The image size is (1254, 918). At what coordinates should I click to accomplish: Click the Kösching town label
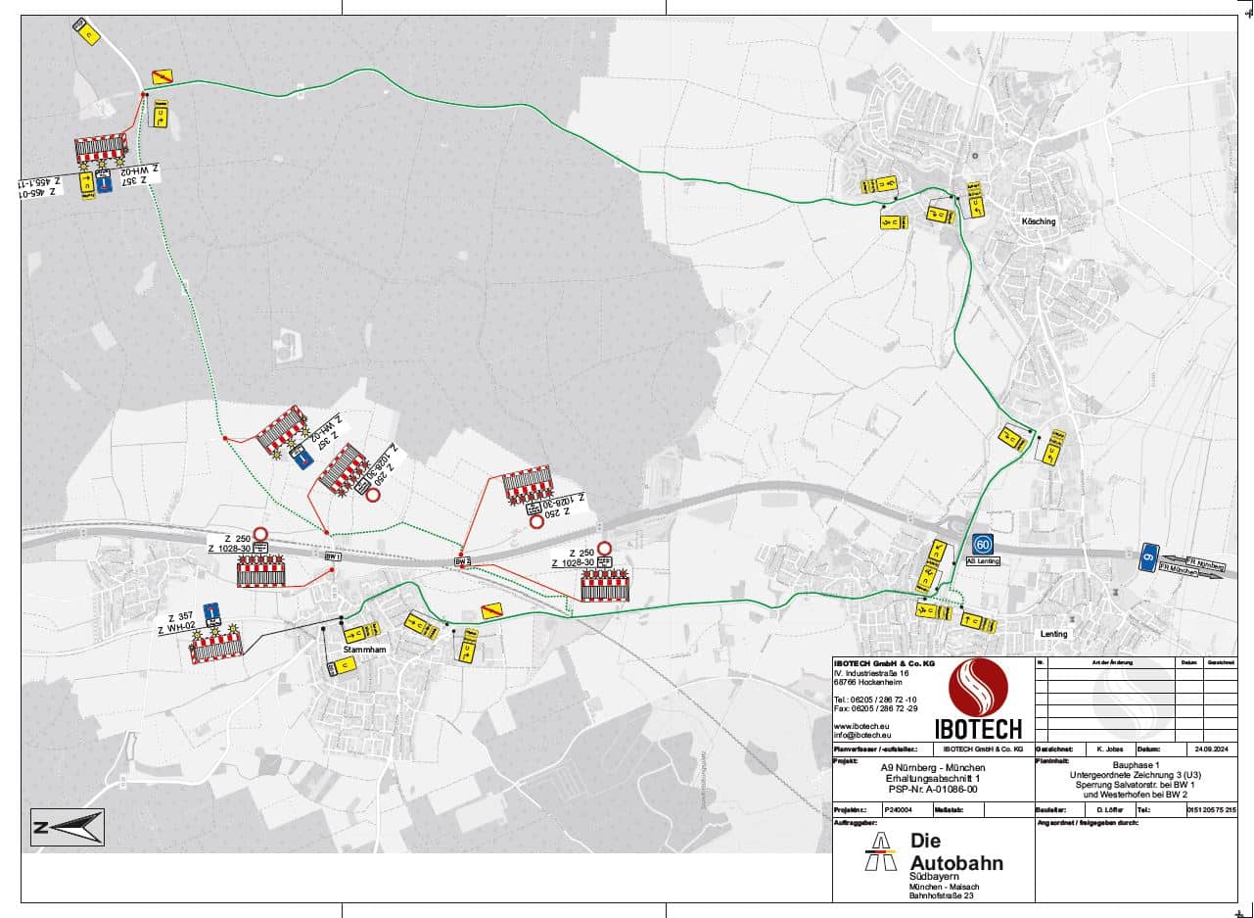pyautogui.click(x=1039, y=221)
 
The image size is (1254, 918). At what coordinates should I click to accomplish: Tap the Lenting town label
pyautogui.click(x=1053, y=634)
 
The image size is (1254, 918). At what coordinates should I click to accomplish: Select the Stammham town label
pyautogui.click(x=361, y=650)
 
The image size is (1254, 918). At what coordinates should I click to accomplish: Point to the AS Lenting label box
pyautogui.click(x=984, y=561)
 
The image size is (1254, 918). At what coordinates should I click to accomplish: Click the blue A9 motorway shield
pyautogui.click(x=1149, y=556)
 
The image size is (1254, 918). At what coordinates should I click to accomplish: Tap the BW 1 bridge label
pyautogui.click(x=332, y=556)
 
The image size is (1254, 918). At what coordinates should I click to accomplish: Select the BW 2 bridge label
pyautogui.click(x=463, y=561)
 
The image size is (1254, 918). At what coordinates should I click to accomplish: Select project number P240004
pyautogui.click(x=898, y=810)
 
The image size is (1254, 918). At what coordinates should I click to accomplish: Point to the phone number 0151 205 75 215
pyautogui.click(x=1211, y=810)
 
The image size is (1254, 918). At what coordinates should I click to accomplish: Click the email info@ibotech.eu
pyautogui.click(x=862, y=734)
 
